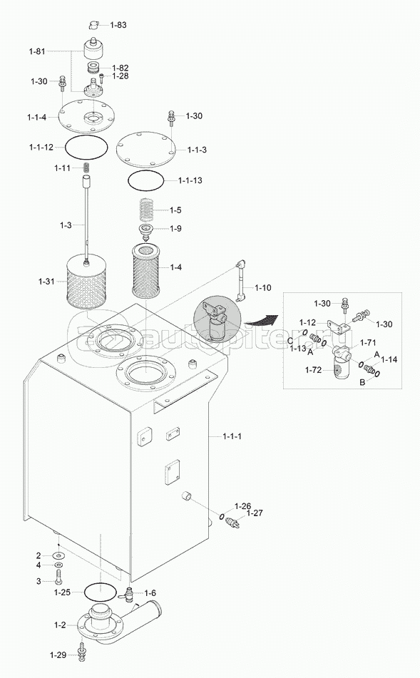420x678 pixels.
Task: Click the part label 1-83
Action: coord(118,25)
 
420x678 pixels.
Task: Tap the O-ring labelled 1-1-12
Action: coord(86,148)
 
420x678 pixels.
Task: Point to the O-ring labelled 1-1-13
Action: coord(146,180)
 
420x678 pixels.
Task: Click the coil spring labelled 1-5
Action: coord(147,210)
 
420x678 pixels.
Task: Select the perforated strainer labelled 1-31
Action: coord(86,281)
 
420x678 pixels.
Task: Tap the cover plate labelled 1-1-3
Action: coord(145,149)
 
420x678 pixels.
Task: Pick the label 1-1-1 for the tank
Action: coord(232,436)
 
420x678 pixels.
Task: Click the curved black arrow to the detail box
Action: coord(261,320)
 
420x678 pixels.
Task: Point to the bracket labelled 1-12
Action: coord(339,326)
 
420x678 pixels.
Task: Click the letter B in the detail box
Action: coord(362,382)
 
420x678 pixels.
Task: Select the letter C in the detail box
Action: coord(290,340)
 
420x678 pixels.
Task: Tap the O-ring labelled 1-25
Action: coord(101,592)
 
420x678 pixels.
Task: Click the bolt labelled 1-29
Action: coord(81,653)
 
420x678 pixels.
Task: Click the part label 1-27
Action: coord(255,513)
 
